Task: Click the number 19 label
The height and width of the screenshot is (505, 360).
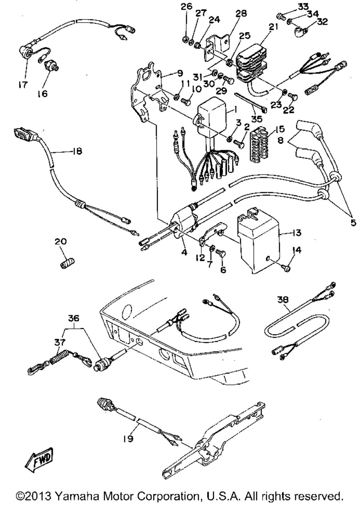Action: point(129,438)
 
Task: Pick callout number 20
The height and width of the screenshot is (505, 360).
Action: point(61,241)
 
